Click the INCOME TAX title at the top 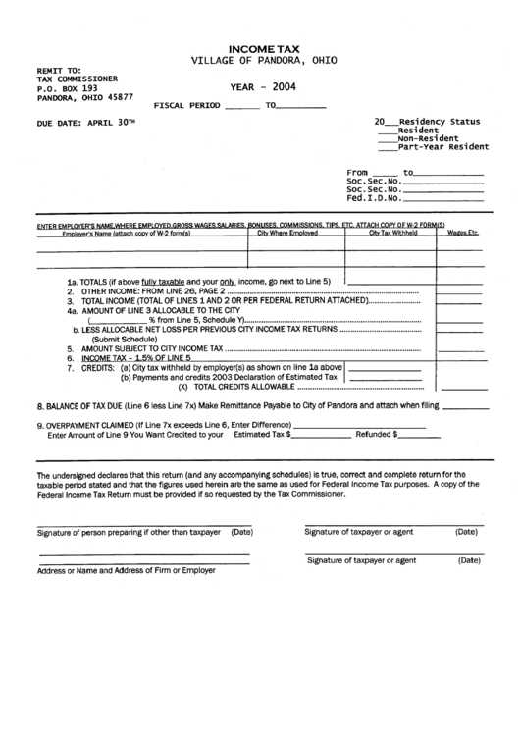pos(259,47)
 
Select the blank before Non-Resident pos(387,138)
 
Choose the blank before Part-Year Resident pos(387,147)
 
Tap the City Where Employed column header pos(287,233)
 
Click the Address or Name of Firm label pos(127,569)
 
